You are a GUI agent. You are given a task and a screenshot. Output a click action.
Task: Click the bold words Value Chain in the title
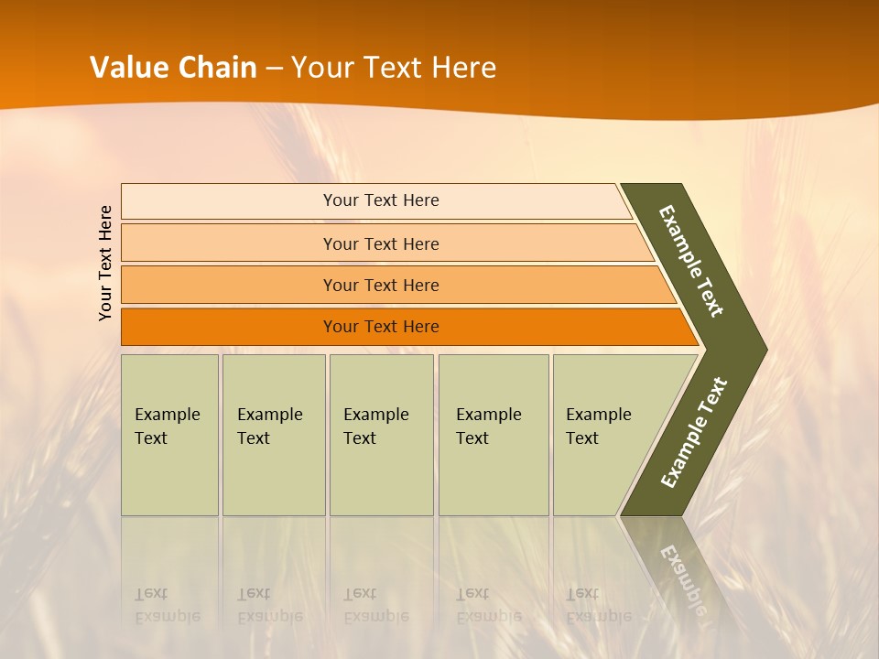[173, 68]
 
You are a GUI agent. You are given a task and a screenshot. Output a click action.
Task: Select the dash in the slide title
[274, 68]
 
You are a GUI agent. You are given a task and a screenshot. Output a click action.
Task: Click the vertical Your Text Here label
[105, 263]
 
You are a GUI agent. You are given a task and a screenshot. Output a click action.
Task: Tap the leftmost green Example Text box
[169, 435]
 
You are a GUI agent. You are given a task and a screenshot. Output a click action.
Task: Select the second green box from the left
[274, 435]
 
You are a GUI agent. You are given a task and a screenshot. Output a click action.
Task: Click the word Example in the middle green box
[375, 415]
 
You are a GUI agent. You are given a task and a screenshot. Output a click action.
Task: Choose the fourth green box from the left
[494, 435]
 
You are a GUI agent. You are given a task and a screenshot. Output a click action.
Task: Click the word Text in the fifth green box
[582, 438]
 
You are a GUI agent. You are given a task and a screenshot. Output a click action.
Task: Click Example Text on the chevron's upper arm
[691, 261]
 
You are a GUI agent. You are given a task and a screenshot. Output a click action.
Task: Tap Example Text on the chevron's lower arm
[694, 432]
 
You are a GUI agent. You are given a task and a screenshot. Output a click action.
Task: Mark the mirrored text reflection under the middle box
[375, 605]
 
